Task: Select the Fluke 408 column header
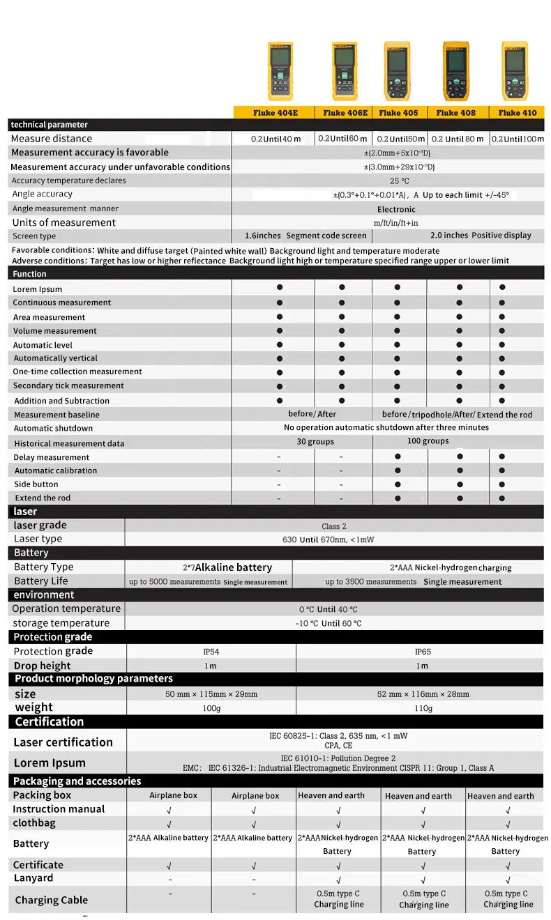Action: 456,112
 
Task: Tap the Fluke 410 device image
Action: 515,71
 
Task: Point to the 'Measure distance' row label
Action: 52,139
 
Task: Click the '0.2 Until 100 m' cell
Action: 518,139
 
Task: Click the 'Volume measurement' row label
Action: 55,331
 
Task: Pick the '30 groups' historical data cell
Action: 315,442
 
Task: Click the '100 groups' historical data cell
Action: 428,441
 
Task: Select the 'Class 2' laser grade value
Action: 334,526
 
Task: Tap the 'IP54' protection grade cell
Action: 211,652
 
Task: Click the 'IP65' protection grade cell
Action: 423,652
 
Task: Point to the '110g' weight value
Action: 423,708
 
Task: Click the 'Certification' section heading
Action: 50,722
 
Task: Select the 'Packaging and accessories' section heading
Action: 77,781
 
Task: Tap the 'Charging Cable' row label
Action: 52,900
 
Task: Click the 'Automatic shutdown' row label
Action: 53,429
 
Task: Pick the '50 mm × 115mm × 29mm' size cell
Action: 211,694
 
